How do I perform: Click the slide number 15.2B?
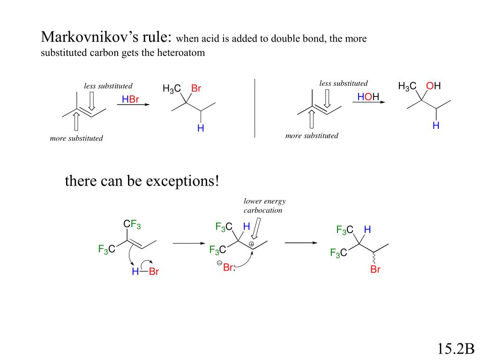pyautogui.click(x=456, y=349)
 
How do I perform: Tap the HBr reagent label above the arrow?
pyautogui.click(x=131, y=99)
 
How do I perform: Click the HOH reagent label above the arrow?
pyautogui.click(x=368, y=97)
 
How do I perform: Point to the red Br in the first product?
pyautogui.click(x=196, y=89)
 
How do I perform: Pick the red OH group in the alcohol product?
pyautogui.click(x=434, y=86)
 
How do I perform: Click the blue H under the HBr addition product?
pyautogui.click(x=201, y=128)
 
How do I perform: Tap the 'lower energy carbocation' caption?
pyautogui.click(x=264, y=206)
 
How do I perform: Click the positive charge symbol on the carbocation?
pyautogui.click(x=251, y=244)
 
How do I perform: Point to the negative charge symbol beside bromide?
pyautogui.click(x=219, y=263)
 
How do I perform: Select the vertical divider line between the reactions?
pyautogui.click(x=255, y=108)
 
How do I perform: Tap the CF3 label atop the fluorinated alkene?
pyautogui.click(x=132, y=225)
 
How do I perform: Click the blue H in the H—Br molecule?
pyautogui.click(x=135, y=271)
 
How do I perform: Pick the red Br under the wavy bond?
pyautogui.click(x=375, y=270)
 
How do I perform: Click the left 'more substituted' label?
pyautogui.click(x=76, y=138)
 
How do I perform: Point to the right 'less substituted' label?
pyautogui.click(x=344, y=83)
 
